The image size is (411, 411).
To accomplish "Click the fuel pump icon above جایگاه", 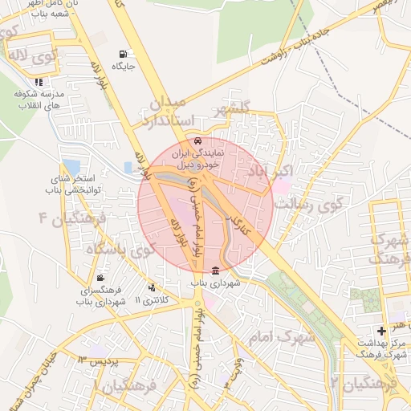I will coord(122,55).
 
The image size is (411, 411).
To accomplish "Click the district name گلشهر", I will coord(233,107).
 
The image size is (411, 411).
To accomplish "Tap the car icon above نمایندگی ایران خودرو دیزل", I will coord(210,141).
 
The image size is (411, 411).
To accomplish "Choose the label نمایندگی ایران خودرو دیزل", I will coord(210,157).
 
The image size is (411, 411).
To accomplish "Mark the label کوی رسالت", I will coord(317,201).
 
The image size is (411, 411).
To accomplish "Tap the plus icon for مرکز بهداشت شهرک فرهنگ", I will coord(381,331).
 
